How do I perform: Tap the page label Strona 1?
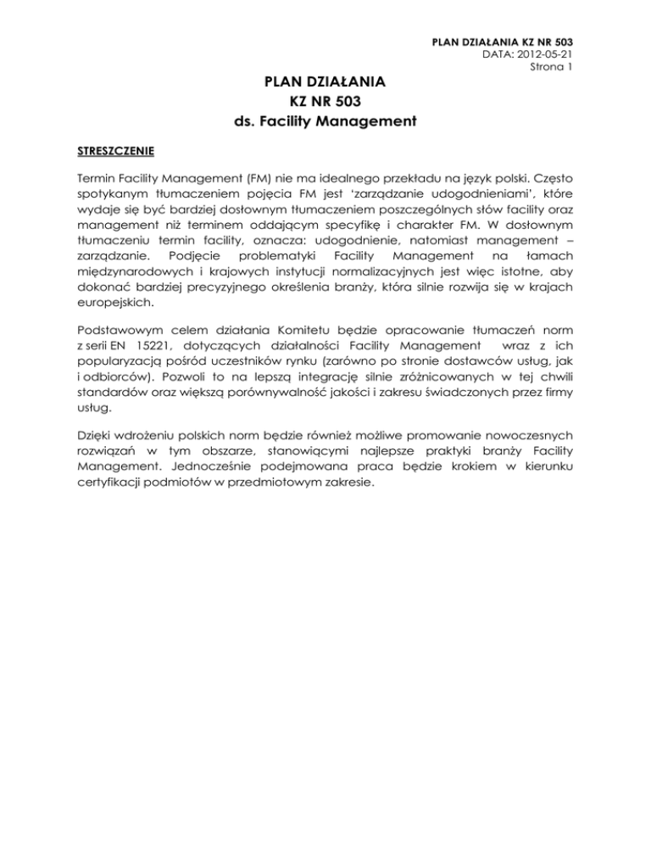pos(549,66)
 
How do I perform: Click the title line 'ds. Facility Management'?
pos(324,121)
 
